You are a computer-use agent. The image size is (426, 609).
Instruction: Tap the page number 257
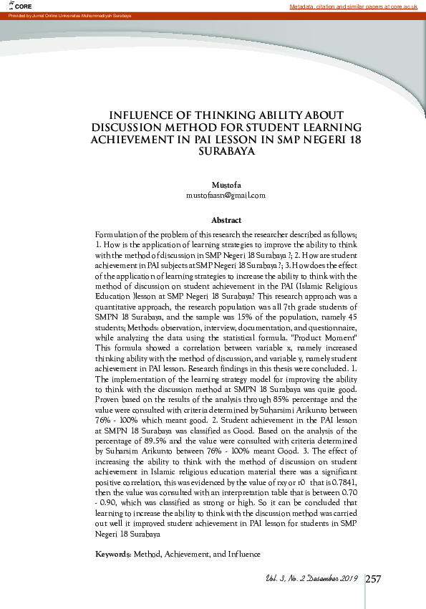(373, 579)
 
